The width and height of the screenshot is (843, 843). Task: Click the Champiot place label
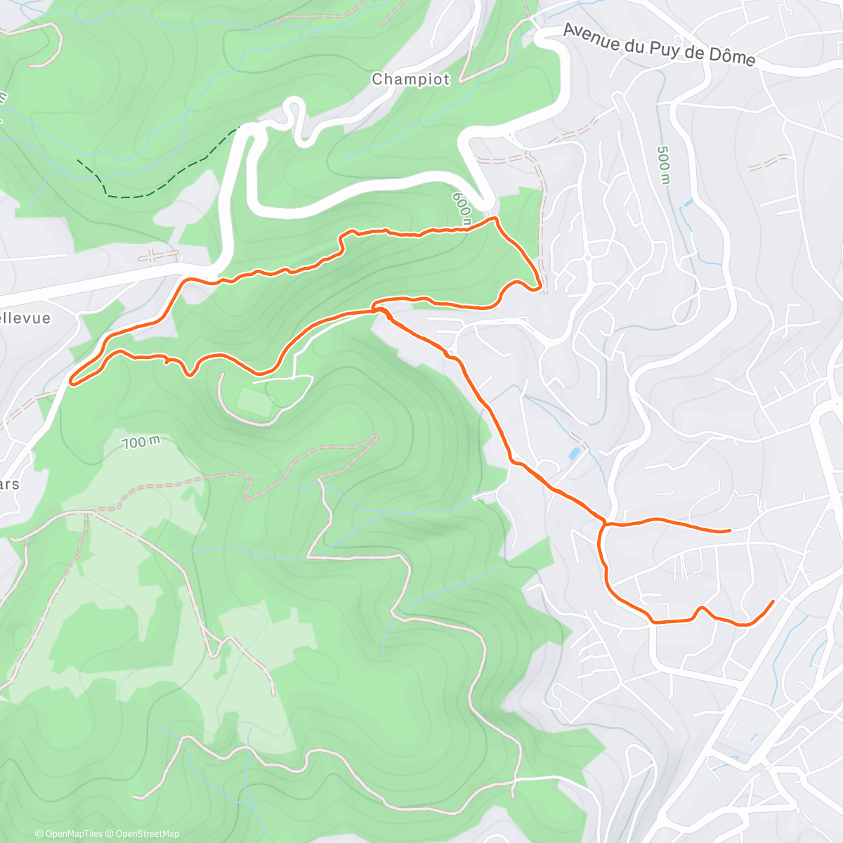[x=411, y=79]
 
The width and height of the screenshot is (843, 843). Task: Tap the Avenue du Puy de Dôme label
[x=659, y=46]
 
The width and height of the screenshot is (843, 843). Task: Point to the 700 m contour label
[x=140, y=443]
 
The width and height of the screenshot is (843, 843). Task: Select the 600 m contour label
[x=462, y=209]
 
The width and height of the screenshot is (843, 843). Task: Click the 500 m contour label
[x=662, y=166]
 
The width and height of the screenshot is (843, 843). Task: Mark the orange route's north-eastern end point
[x=730, y=530]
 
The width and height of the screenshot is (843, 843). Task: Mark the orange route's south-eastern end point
[x=773, y=601]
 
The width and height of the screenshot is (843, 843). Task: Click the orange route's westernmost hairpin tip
[x=72, y=383]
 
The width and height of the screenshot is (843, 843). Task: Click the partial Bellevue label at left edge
[x=25, y=318]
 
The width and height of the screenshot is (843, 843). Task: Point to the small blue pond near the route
[x=575, y=453]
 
